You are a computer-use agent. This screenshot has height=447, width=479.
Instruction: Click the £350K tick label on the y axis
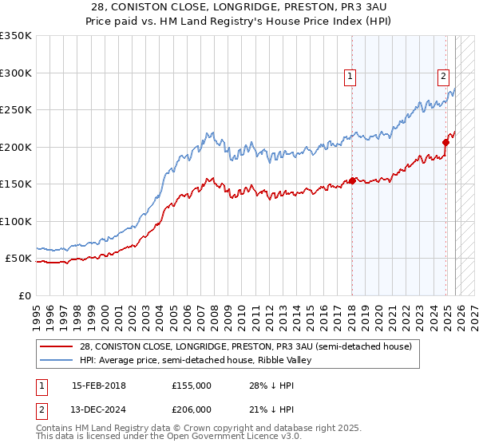tap(16, 36)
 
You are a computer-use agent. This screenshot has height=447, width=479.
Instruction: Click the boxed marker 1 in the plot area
tap(350, 77)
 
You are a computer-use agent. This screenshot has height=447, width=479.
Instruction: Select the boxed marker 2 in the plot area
tap(443, 77)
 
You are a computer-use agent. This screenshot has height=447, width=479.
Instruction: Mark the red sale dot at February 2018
tap(352, 181)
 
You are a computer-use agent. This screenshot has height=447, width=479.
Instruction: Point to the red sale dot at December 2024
tap(446, 143)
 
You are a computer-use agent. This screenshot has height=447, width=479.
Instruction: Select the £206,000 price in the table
tap(191, 410)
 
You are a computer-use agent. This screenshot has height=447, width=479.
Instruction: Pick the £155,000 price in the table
tap(191, 386)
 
